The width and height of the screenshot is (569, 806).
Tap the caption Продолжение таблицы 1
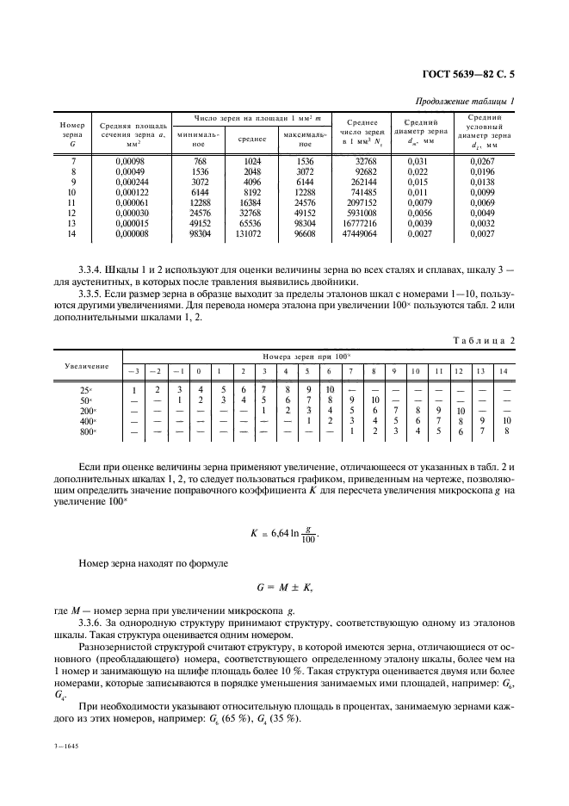[x=465, y=102]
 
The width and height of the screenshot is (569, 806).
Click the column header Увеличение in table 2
[x=87, y=366]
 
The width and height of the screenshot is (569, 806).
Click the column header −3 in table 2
[x=134, y=371]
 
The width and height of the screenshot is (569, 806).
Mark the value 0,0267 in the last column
[x=484, y=161]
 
